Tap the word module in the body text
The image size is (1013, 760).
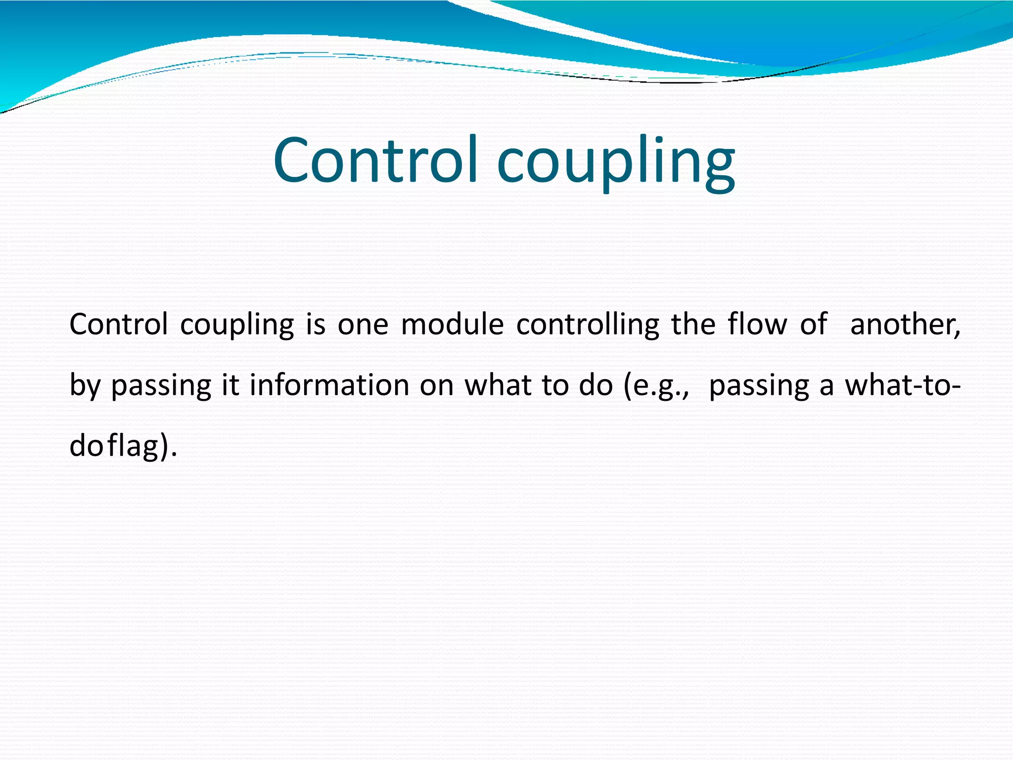[x=452, y=325]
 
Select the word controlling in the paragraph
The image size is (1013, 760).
[x=588, y=326]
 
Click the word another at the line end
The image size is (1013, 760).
[x=905, y=326]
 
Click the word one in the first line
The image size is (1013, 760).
[x=363, y=326]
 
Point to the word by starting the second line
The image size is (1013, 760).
[x=85, y=386]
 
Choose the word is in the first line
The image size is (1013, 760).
[x=316, y=325]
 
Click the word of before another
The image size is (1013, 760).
[x=813, y=325]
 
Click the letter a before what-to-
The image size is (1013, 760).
[x=827, y=386]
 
